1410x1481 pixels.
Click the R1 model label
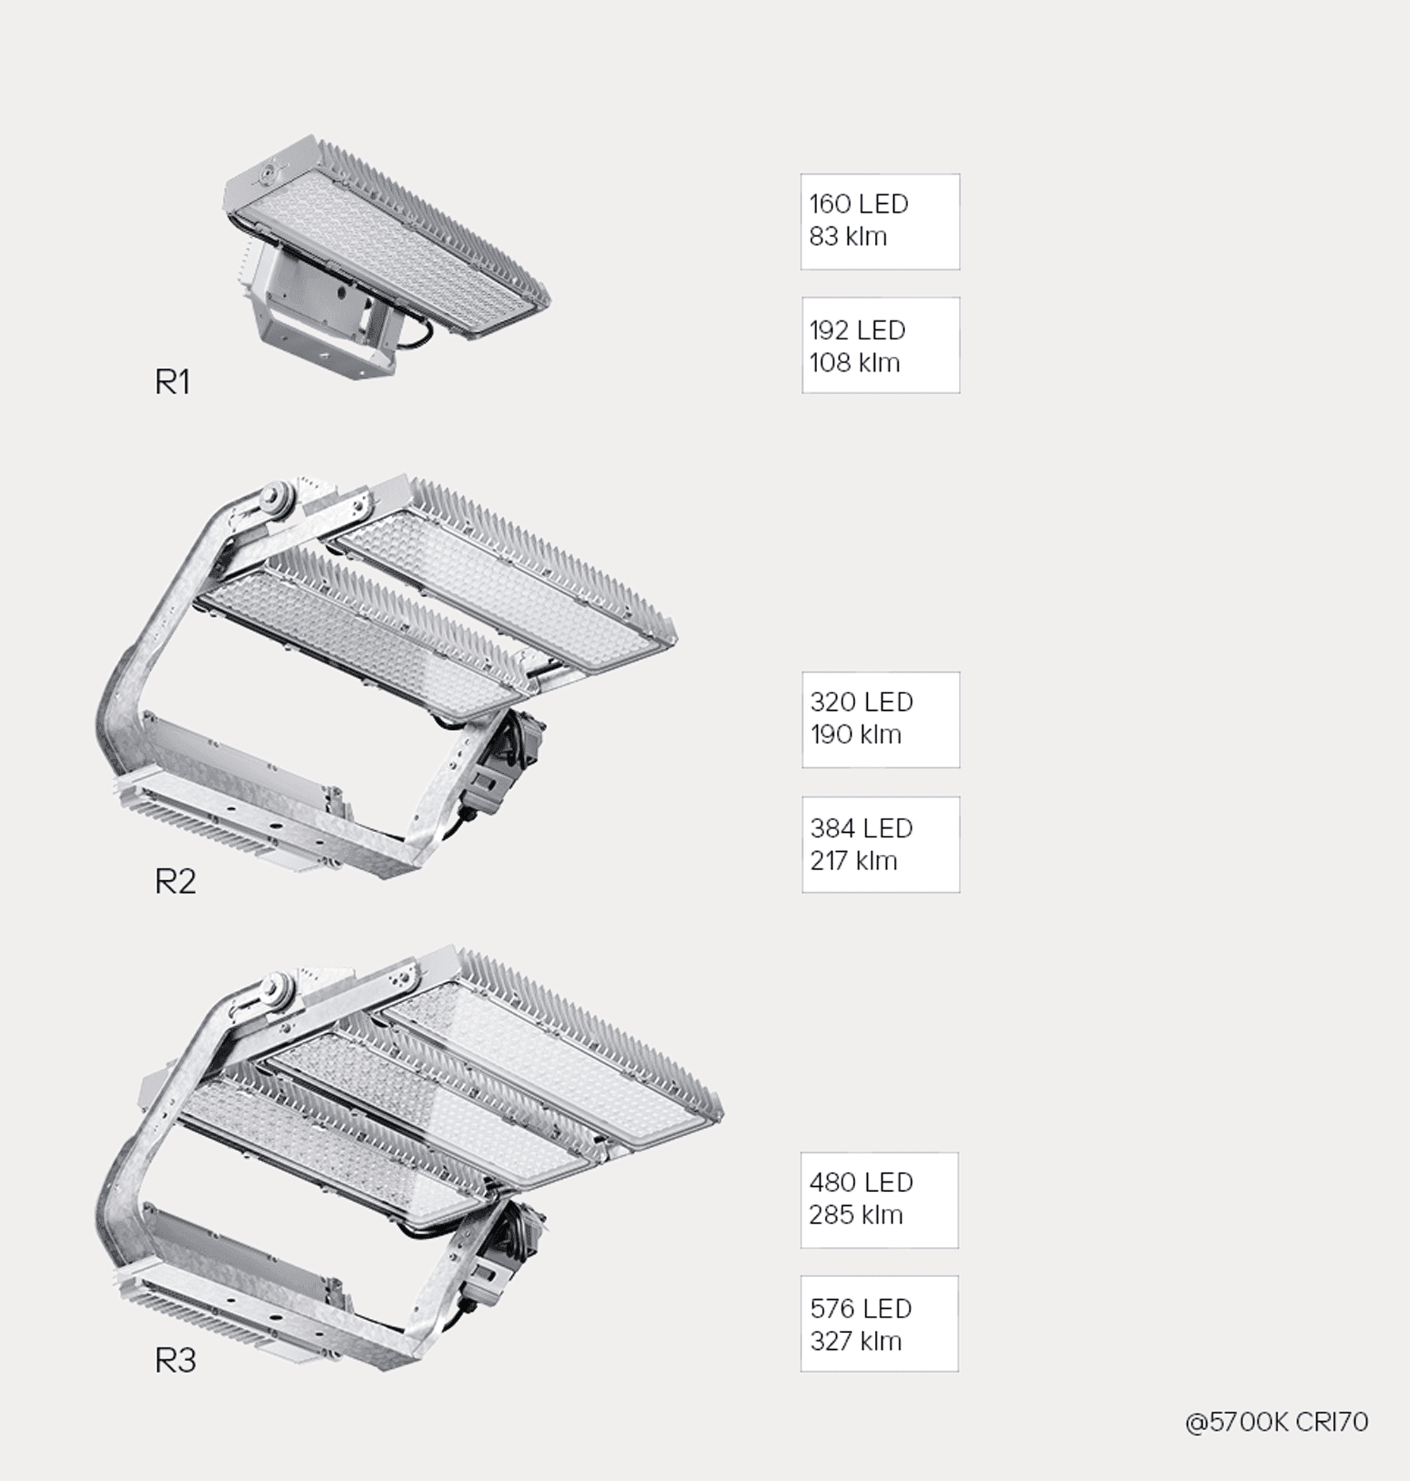pos(172,382)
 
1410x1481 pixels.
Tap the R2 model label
pos(175,881)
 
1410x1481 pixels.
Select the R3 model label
pos(175,1359)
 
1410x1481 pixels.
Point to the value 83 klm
pos(848,236)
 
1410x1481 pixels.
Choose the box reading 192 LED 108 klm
pos(881,345)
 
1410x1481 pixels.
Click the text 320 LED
pos(862,702)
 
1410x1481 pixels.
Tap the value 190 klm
pos(855,733)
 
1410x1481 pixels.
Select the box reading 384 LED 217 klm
pos(881,844)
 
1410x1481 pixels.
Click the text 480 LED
pos(862,1182)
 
